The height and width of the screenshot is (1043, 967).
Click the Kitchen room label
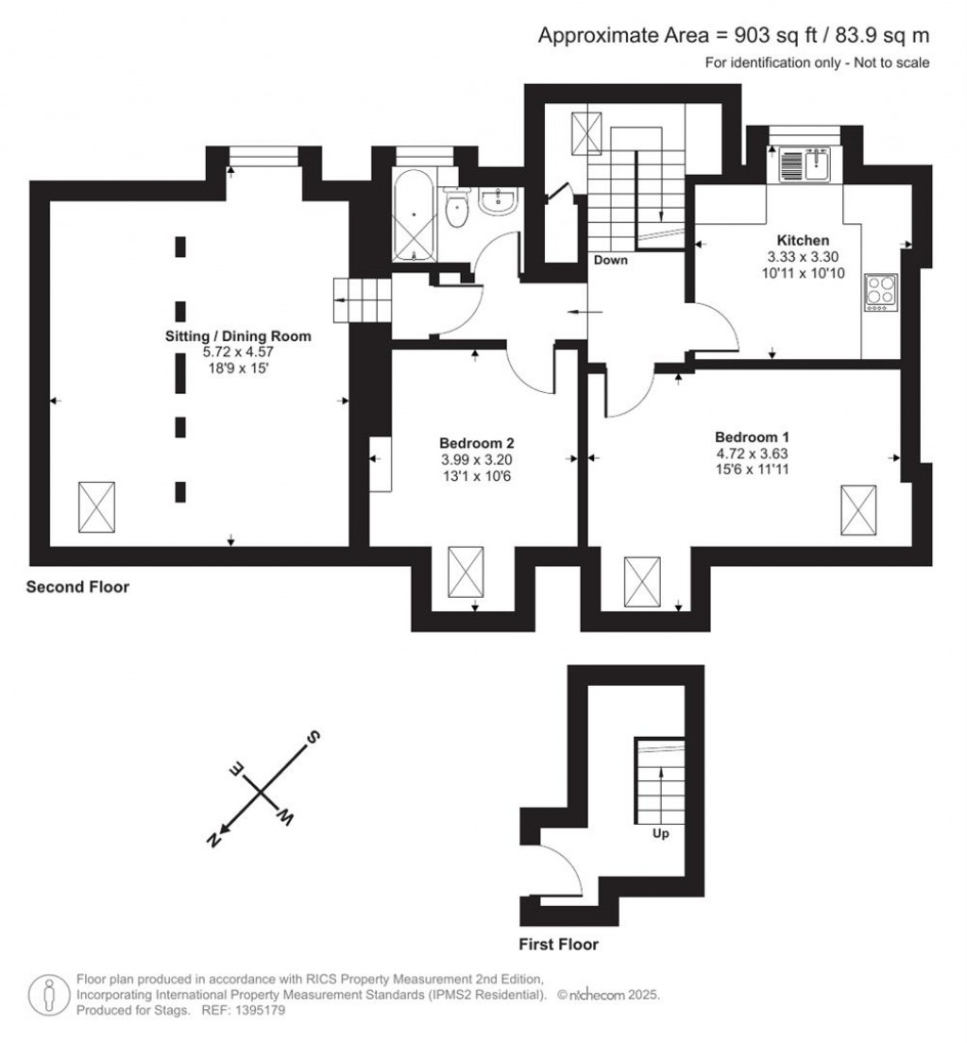[803, 240]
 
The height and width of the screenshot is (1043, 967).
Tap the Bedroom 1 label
[752, 437]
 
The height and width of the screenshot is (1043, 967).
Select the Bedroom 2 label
[476, 442]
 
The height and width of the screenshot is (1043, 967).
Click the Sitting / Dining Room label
[238, 335]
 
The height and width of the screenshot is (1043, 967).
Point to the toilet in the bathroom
[457, 210]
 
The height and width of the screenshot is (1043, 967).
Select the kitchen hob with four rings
[881, 292]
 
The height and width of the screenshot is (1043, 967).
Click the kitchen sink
[803, 167]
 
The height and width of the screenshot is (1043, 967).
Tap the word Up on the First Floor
[661, 834]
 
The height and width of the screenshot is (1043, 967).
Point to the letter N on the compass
[215, 839]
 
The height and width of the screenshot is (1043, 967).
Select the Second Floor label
[77, 588]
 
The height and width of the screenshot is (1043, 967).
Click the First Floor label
[558, 944]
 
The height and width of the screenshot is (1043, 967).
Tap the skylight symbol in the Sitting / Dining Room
[96, 506]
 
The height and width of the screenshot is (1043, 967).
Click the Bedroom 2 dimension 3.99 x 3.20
[476, 459]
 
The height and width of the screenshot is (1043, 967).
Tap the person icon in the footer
[47, 996]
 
